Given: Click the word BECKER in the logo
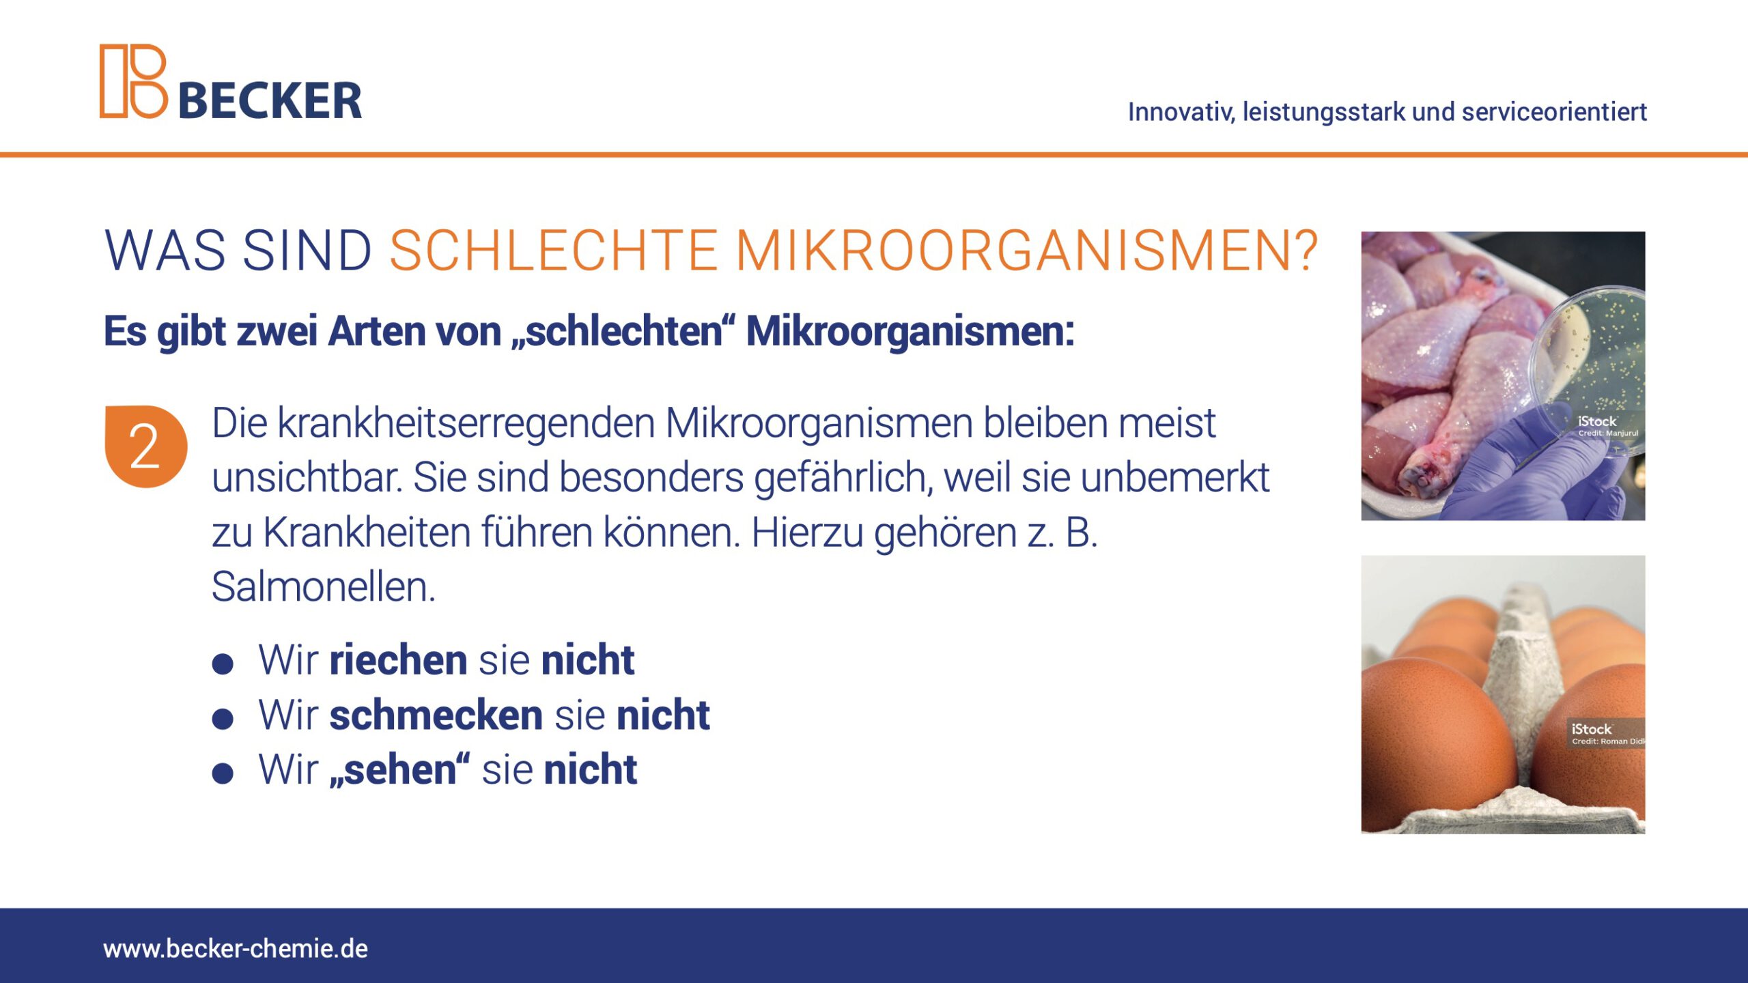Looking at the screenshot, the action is [x=270, y=101].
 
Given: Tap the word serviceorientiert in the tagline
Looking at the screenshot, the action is [x=1554, y=111].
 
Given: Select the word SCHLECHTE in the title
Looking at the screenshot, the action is [x=553, y=251].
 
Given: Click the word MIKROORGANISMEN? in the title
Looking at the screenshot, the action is [x=1026, y=251].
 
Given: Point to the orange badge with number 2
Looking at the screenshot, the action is [x=145, y=446].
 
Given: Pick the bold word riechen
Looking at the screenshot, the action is [x=399, y=659].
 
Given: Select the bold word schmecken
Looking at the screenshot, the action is [x=436, y=715].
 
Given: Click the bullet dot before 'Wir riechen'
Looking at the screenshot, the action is [x=223, y=664].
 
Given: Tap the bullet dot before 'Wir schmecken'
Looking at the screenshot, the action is [x=223, y=719].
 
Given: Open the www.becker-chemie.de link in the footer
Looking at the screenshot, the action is [x=236, y=949].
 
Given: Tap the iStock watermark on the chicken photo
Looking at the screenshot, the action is [x=1607, y=425].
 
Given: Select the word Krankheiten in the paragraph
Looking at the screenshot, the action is [x=367, y=532].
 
